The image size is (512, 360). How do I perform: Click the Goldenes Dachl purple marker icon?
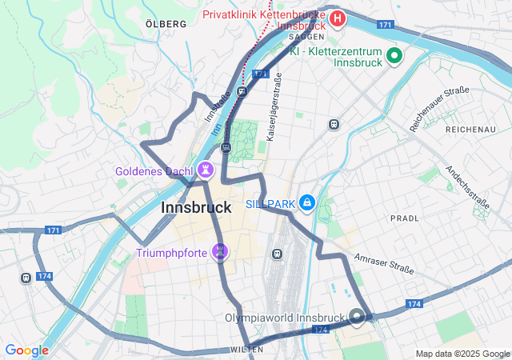(x=207, y=170)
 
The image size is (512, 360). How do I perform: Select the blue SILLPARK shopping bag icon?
(x=306, y=203)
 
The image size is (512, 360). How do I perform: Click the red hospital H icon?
(x=338, y=18)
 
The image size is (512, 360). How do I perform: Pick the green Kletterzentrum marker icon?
(x=394, y=55)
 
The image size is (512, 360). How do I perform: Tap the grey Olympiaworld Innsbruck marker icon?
(x=357, y=317)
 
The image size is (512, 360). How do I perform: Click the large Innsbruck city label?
(x=197, y=207)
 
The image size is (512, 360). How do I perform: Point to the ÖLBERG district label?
(x=166, y=24)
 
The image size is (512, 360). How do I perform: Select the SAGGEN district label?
(x=306, y=37)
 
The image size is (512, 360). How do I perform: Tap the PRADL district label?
(x=404, y=218)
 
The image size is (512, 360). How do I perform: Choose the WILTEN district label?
(x=245, y=350)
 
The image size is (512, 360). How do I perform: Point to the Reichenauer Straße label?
(x=439, y=110)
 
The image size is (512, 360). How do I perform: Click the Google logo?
(x=26, y=350)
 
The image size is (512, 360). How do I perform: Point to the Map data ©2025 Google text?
(x=462, y=354)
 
